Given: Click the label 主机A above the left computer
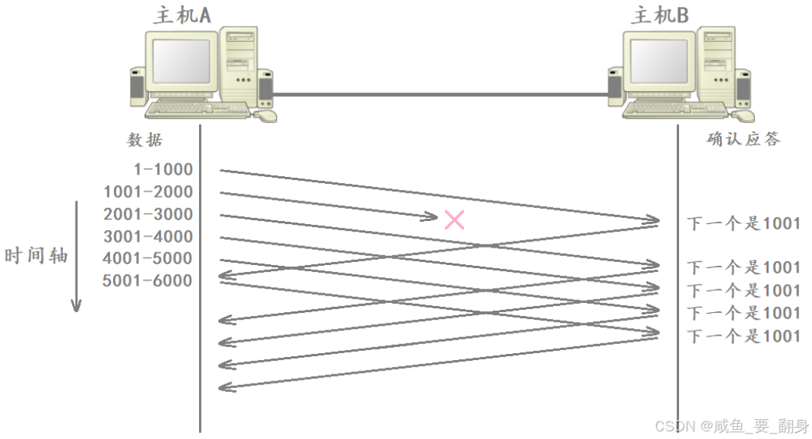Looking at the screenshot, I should coord(182,14).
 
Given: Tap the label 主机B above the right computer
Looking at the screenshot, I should coord(659,14).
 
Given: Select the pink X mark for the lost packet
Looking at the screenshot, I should coord(454,220).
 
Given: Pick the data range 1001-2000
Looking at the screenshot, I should coord(148,191).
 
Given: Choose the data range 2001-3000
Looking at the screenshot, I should coord(148,214).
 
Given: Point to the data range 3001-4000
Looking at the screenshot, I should coord(148,236).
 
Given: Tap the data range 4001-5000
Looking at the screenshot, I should coord(148,258).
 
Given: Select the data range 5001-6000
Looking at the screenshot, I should coord(148,281).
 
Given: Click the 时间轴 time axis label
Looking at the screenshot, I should coord(36,255).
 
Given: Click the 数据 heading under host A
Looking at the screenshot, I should coord(144,141).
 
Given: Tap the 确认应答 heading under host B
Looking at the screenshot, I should coord(743,139).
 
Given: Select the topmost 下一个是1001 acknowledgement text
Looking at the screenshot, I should coord(744,223).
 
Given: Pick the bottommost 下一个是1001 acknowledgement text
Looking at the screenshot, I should coord(744,336).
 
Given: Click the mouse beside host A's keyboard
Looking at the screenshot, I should coord(265,116).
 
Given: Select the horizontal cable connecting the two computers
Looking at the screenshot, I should coord(441,95).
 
